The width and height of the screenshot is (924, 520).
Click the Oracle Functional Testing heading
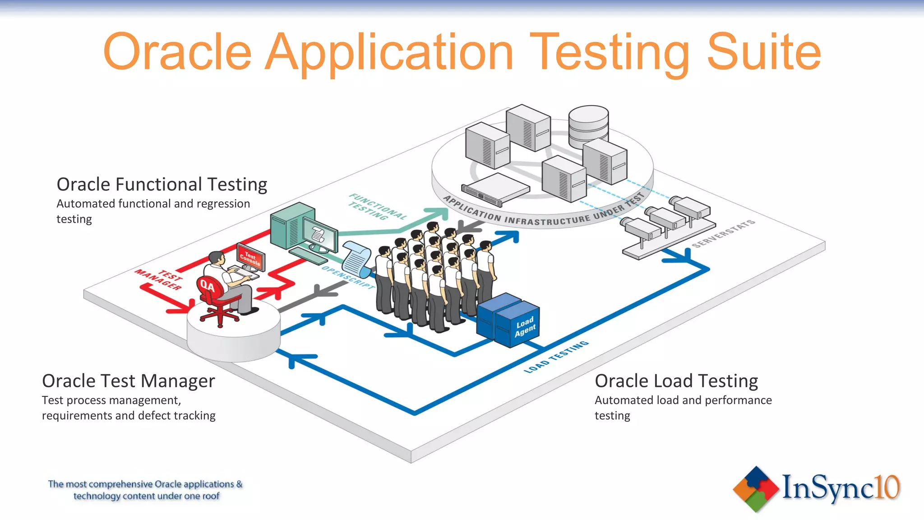point(162,185)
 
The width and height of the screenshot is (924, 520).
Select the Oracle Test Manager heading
point(128,381)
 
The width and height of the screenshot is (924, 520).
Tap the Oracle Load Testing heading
point(676,381)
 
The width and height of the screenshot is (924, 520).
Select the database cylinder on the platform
point(588,126)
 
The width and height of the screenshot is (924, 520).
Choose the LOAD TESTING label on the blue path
point(556,357)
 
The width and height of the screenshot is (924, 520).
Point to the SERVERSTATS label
point(723,233)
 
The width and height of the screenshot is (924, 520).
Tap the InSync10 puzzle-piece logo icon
point(756,489)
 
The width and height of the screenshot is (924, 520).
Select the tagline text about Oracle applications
point(145,490)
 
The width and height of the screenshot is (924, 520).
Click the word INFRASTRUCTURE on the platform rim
point(547,220)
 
